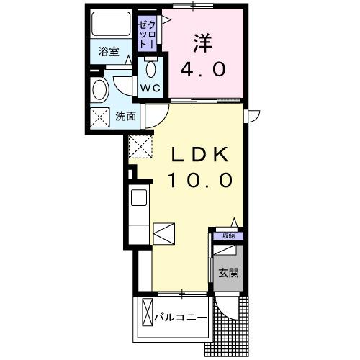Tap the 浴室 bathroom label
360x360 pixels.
point(109,52)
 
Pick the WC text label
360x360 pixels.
point(150,88)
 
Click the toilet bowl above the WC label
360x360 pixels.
point(150,70)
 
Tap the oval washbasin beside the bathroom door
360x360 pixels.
point(101,89)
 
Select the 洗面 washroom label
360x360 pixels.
point(126,115)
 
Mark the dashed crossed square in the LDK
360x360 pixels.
point(140,148)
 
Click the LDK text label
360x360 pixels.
point(200,154)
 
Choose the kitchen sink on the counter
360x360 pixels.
point(138,197)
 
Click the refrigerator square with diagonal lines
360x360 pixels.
point(163,235)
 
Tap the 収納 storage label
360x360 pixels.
point(228,235)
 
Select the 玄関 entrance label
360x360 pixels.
point(229,273)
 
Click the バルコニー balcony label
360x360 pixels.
point(183,318)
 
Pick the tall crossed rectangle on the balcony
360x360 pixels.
point(147,314)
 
